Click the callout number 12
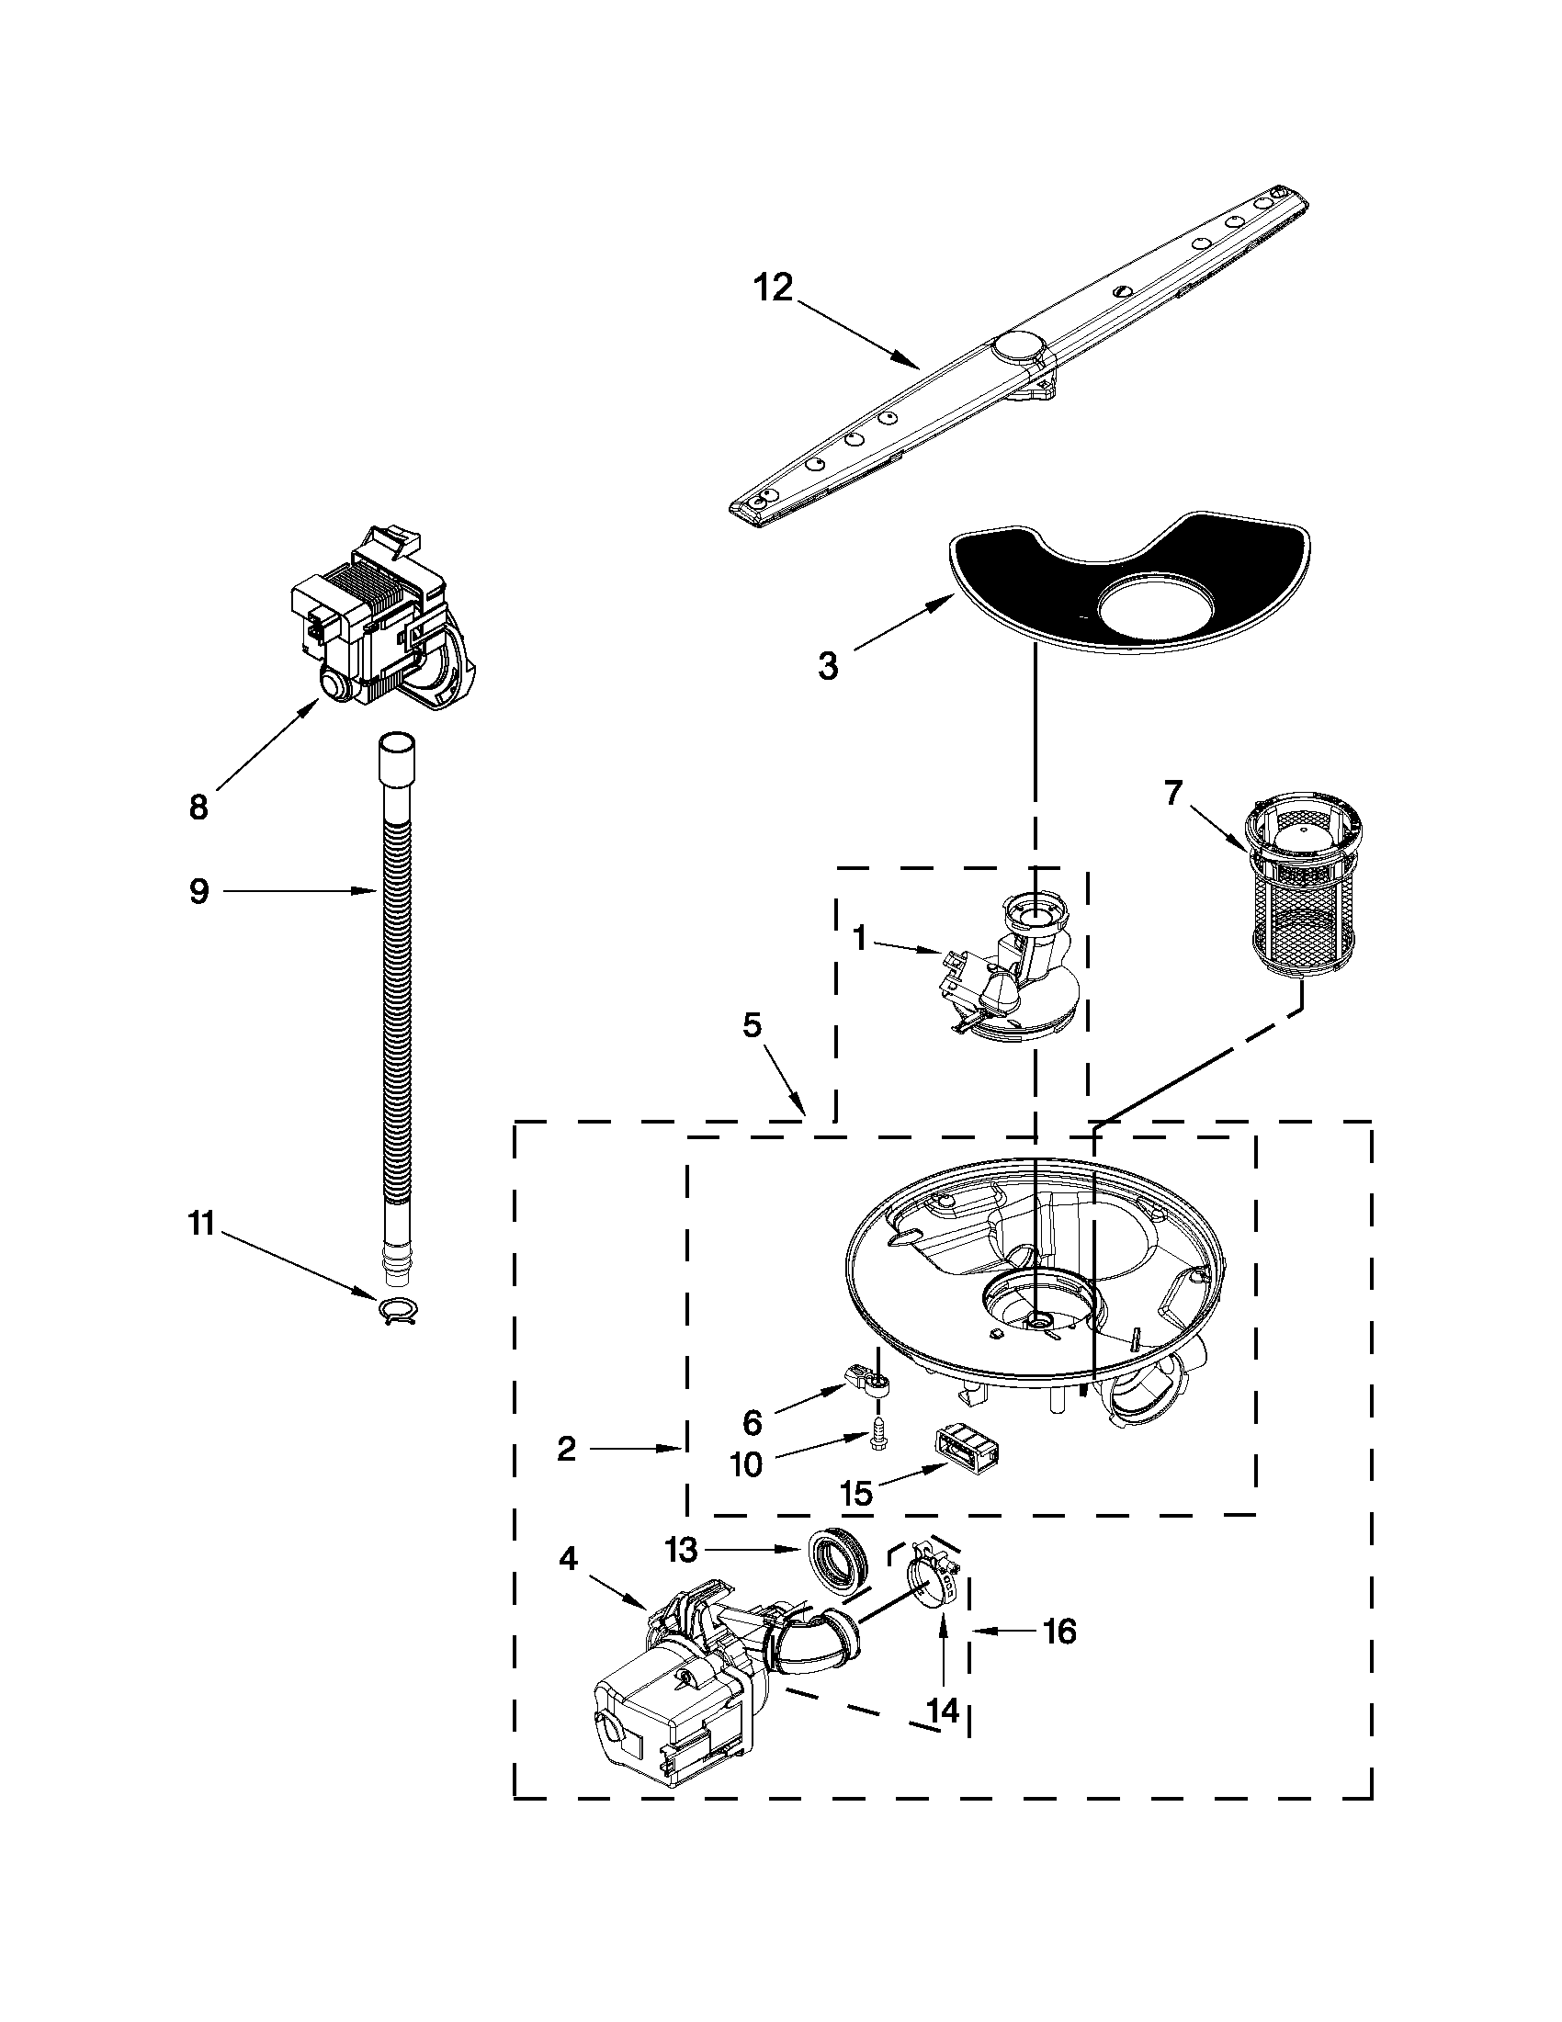click(x=773, y=288)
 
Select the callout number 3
click(x=829, y=665)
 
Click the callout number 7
click(x=1173, y=794)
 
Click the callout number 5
click(x=752, y=1025)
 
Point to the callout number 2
click(x=567, y=1449)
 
